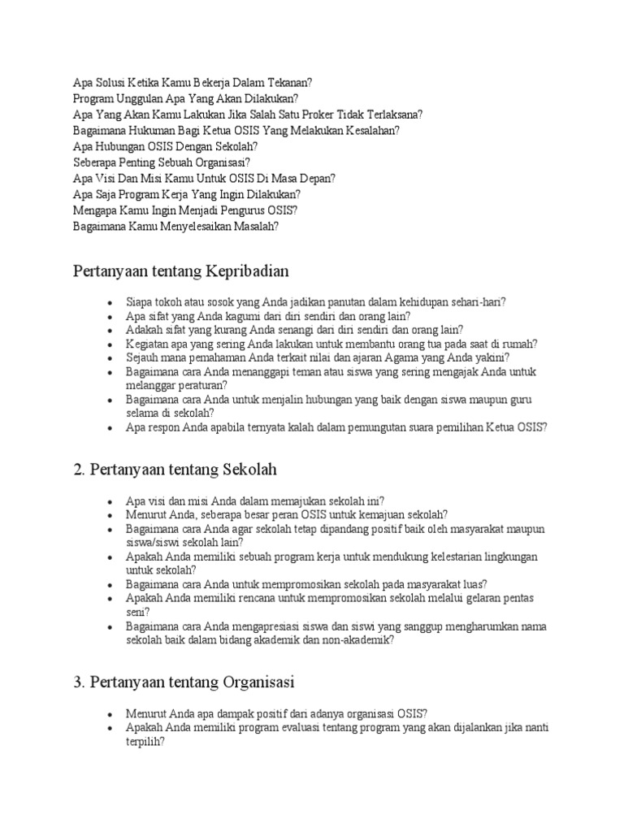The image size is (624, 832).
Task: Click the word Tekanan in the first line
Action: pos(289,83)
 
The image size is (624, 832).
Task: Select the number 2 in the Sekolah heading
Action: pos(78,470)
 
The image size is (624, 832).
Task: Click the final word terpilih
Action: pos(145,742)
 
